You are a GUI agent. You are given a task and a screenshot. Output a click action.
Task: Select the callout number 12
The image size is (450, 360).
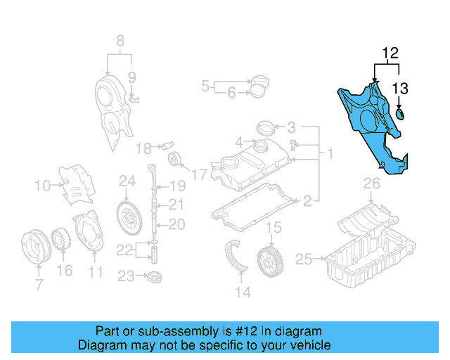pos(390,53)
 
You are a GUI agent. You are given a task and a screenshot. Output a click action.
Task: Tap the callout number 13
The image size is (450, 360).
pos(400,88)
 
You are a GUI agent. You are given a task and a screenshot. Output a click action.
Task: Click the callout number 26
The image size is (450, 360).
pos(371,184)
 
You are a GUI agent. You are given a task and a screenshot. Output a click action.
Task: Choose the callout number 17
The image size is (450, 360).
pos(200,174)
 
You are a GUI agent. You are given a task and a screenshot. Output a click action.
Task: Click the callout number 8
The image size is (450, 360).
pos(120,40)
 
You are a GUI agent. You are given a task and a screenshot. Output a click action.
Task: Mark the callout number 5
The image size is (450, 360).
pos(205,86)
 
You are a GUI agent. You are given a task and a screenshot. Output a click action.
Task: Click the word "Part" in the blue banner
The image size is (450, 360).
pos(108,331)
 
